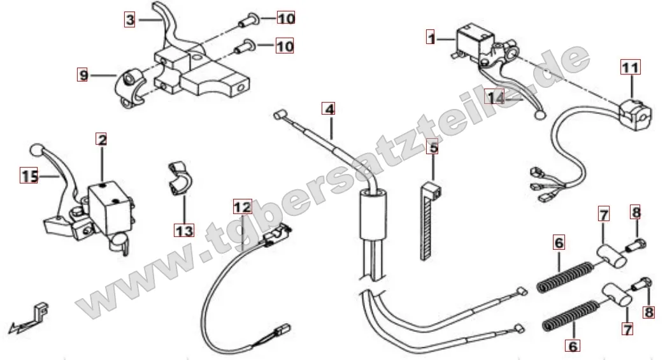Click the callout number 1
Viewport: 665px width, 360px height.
coord(431,38)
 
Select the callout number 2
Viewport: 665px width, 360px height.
coord(101,139)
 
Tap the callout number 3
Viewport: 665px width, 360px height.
coord(130,20)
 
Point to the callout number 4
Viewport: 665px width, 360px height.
coord(329,108)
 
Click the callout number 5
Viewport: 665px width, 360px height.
coord(433,148)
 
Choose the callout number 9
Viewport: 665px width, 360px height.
coord(82,75)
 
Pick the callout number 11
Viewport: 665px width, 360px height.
coord(631,67)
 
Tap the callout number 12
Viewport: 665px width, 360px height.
coord(243,206)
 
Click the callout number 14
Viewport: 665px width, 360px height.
coord(496,97)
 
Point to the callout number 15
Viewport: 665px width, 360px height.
coord(29,176)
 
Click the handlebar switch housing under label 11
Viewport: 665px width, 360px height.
coord(634,113)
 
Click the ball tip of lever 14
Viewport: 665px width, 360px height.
coord(540,115)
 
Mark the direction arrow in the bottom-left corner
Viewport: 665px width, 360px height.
coord(28,318)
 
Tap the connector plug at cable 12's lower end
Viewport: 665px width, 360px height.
coord(283,328)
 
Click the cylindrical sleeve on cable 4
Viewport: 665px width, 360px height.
coord(373,213)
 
